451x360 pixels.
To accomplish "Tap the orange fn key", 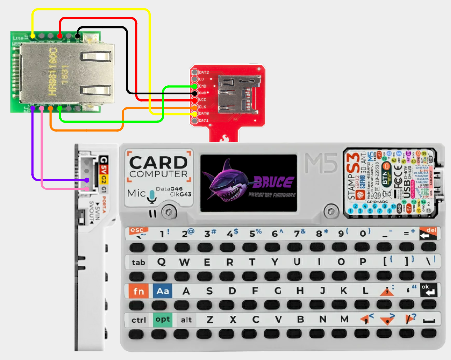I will (139, 292).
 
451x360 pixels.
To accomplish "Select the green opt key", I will (163, 319).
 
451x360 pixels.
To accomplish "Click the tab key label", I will (139, 263).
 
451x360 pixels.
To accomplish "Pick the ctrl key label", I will (139, 320).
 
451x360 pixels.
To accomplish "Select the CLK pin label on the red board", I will (203, 106).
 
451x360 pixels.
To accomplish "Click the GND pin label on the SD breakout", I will (203, 93).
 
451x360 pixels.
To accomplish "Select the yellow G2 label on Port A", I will (104, 180).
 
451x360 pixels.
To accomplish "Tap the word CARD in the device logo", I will (158, 163).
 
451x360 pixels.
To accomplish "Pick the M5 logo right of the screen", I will (321, 163).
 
